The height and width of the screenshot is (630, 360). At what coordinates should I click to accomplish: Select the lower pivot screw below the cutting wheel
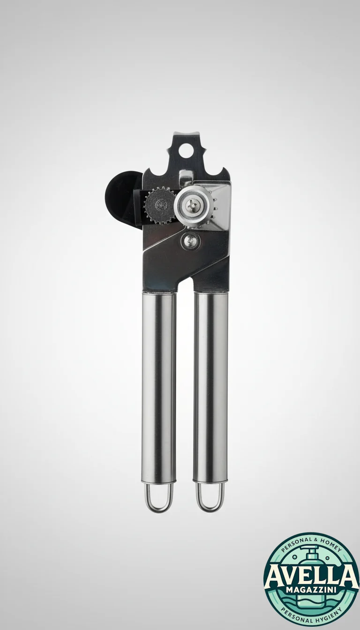[x=191, y=240]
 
